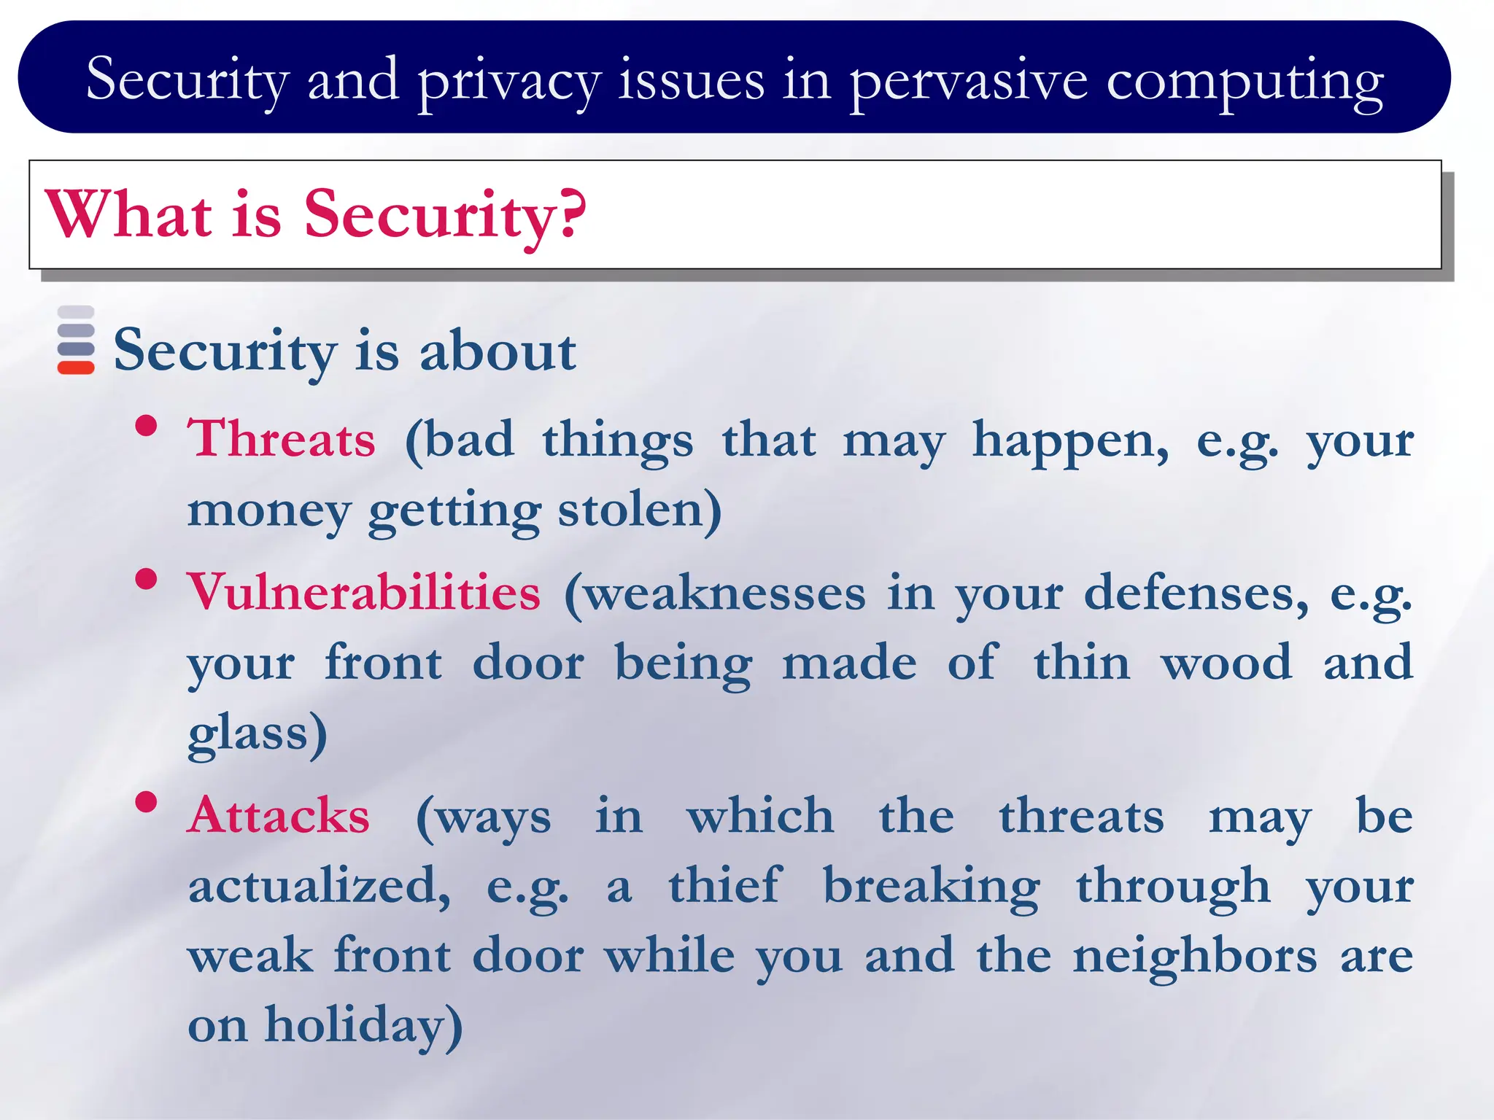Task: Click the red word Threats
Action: pyautogui.click(x=282, y=439)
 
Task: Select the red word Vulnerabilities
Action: pyautogui.click(x=363, y=592)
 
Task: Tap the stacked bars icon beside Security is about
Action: pyautogui.click(x=76, y=340)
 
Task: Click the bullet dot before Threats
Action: pyautogui.click(x=147, y=425)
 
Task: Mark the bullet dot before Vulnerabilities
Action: pyautogui.click(x=147, y=579)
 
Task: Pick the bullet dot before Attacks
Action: pyautogui.click(x=147, y=802)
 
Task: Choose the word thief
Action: pyautogui.click(x=725, y=885)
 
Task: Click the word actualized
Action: pyautogui.click(x=318, y=885)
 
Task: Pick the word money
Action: pyautogui.click(x=268, y=510)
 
